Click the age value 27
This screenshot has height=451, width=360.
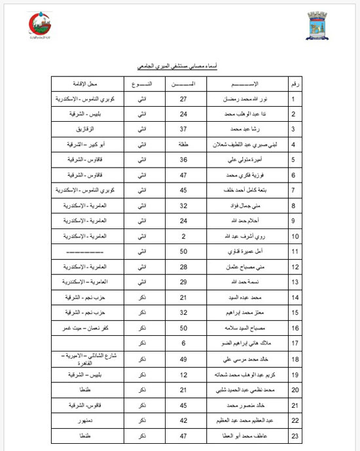click(184, 99)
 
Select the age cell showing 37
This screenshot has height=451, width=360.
click(184, 130)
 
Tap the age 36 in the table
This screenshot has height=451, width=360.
click(184, 160)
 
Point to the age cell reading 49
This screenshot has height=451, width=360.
click(184, 359)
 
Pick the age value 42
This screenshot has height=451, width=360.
click(184, 420)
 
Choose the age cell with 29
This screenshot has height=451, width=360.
click(184, 281)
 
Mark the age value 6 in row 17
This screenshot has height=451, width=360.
click(184, 342)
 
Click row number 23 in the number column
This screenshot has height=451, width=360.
click(295, 435)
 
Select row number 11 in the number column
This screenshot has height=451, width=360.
click(295, 251)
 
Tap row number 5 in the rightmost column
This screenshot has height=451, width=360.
click(294, 160)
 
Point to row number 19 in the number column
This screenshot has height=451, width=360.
click(295, 375)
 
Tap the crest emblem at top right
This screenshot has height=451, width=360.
click(317, 26)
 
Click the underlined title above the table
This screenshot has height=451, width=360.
click(179, 67)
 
